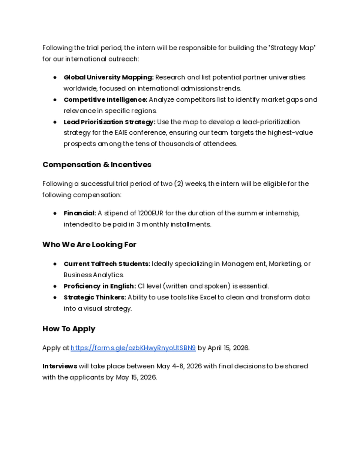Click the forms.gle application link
point(133,348)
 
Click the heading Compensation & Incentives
point(97,164)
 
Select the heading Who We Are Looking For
point(89,245)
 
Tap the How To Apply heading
point(69,329)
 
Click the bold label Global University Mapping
point(108,77)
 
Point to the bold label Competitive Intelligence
point(105,100)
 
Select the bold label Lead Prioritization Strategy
point(109,122)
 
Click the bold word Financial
point(80,213)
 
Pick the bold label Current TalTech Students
point(107,264)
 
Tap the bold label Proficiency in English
point(100,286)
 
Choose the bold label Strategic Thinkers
point(95,297)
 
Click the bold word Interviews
point(60,366)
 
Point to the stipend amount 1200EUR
point(150,213)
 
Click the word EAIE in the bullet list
point(122,133)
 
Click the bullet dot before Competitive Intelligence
point(55,100)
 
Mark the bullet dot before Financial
point(55,213)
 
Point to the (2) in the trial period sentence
point(178,184)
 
